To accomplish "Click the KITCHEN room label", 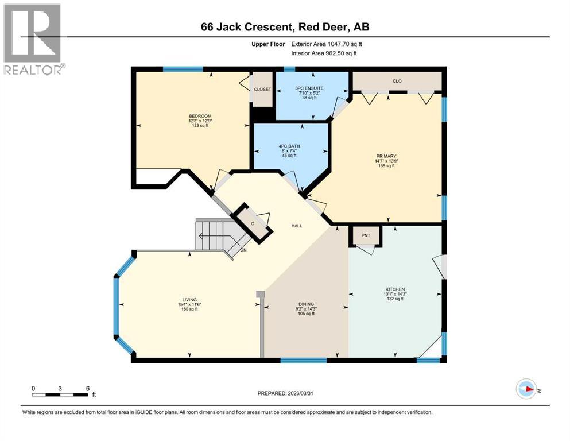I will [x=395, y=289].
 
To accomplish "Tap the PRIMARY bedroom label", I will [x=386, y=156].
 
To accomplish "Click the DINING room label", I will [x=305, y=305].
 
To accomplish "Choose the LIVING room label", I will [x=189, y=300].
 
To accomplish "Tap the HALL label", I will [x=296, y=226].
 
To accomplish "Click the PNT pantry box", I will [x=366, y=235].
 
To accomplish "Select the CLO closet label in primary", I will [x=397, y=81].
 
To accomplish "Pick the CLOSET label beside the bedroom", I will [x=263, y=90].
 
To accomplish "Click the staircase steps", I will [x=213, y=235].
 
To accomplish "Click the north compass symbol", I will [x=526, y=388].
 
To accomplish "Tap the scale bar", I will [x=60, y=394].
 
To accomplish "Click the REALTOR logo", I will [x=34, y=39].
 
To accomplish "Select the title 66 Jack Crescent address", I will [x=285, y=26].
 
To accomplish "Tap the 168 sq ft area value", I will [x=386, y=166].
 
